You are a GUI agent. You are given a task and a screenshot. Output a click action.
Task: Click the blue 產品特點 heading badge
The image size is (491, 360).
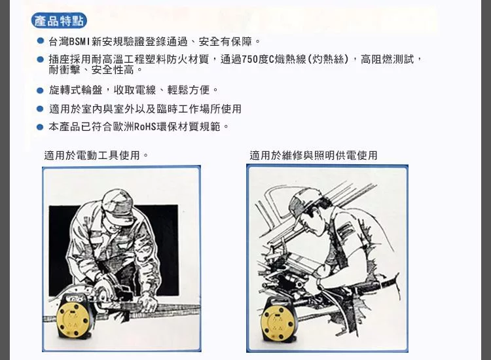point(59,21)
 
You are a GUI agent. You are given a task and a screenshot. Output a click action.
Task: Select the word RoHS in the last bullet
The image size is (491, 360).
point(145,127)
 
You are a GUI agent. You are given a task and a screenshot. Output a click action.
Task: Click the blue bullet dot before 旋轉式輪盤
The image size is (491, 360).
point(40,90)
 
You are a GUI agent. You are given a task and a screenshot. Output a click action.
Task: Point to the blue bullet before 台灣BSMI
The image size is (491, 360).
point(40,41)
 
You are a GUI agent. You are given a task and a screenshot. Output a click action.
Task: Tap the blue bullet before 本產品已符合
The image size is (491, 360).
point(40,127)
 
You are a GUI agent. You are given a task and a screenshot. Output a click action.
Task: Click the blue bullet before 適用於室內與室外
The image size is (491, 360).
point(40,109)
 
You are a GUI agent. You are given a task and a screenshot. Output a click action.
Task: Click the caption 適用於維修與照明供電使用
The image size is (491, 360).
point(314,155)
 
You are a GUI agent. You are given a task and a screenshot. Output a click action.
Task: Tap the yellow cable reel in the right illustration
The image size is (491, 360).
point(278,320)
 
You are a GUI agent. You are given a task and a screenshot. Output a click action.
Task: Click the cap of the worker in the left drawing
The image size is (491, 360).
point(117,207)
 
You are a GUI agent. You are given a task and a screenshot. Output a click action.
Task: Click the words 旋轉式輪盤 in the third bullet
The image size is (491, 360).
point(76,90)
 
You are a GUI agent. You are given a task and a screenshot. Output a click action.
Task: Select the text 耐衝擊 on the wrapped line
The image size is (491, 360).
point(65,69)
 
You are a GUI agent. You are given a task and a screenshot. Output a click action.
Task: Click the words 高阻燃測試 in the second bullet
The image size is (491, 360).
point(388,59)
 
